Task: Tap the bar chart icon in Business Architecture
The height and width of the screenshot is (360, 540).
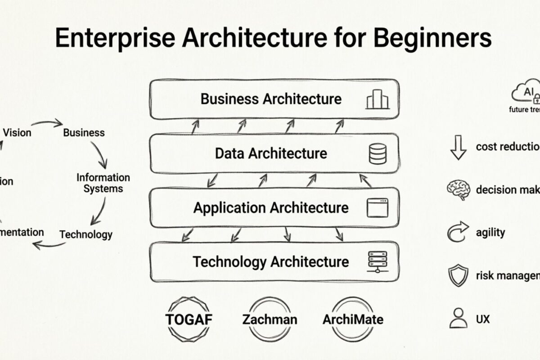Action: [x=377, y=99]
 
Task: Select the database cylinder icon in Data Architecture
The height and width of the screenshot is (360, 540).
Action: [x=377, y=153]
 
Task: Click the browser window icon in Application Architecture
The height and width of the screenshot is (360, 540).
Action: [x=377, y=208]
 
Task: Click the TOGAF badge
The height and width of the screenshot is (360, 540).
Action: [x=189, y=319]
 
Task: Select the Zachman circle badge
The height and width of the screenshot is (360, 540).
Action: [x=270, y=319]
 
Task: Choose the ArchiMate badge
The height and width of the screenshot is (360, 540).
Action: [x=353, y=319]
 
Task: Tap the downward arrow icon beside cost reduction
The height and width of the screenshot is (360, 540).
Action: [x=458, y=148]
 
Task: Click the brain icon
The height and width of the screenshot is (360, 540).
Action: [x=458, y=189]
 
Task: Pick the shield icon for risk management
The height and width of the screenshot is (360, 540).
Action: [x=458, y=275]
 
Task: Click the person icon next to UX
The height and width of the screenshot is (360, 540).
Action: [x=458, y=318]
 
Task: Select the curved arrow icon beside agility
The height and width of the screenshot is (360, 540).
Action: [x=458, y=232]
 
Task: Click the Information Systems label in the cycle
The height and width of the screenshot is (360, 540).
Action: [x=103, y=183]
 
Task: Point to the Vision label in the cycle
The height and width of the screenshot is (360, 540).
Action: [x=17, y=132]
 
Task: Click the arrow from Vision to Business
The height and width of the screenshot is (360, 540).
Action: [x=46, y=123]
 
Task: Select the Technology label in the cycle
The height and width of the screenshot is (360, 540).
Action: [x=86, y=234]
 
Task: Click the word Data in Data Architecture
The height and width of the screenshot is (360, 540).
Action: [x=230, y=153]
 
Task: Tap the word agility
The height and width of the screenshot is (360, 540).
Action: [x=490, y=233]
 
